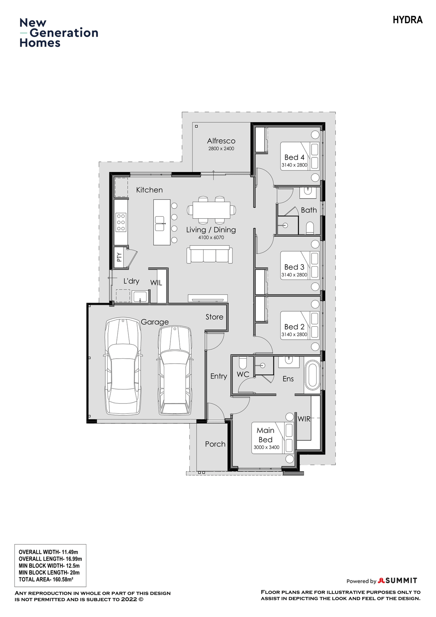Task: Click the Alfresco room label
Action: pos(221,141)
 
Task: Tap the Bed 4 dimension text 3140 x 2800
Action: pos(294,165)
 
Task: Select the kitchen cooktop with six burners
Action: pos(121,223)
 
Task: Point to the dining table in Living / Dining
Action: pos(211,210)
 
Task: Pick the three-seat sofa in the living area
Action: pos(209,255)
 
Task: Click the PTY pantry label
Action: pos(119,257)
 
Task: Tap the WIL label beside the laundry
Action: pos(156,283)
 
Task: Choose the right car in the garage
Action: pos(175,371)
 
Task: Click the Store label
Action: pos(214,317)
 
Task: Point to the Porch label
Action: pos(215,444)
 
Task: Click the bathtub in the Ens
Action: pos(312,375)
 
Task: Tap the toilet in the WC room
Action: pos(243,363)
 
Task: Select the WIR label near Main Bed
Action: pos(304,419)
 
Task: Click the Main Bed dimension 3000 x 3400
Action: pos(266,447)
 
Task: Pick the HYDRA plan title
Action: pos(407,20)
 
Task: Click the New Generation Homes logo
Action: pos(59,33)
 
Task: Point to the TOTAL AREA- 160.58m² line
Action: pos(46,580)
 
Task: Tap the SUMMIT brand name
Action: pos(401,581)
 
